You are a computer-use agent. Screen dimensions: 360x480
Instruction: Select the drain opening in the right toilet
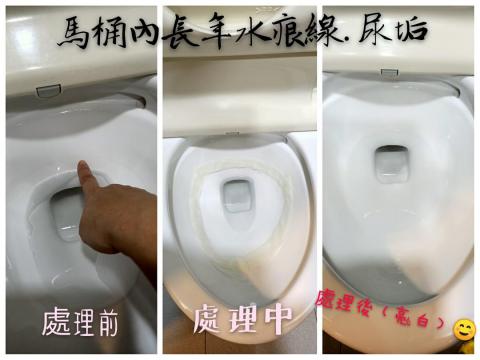point(391,163)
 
